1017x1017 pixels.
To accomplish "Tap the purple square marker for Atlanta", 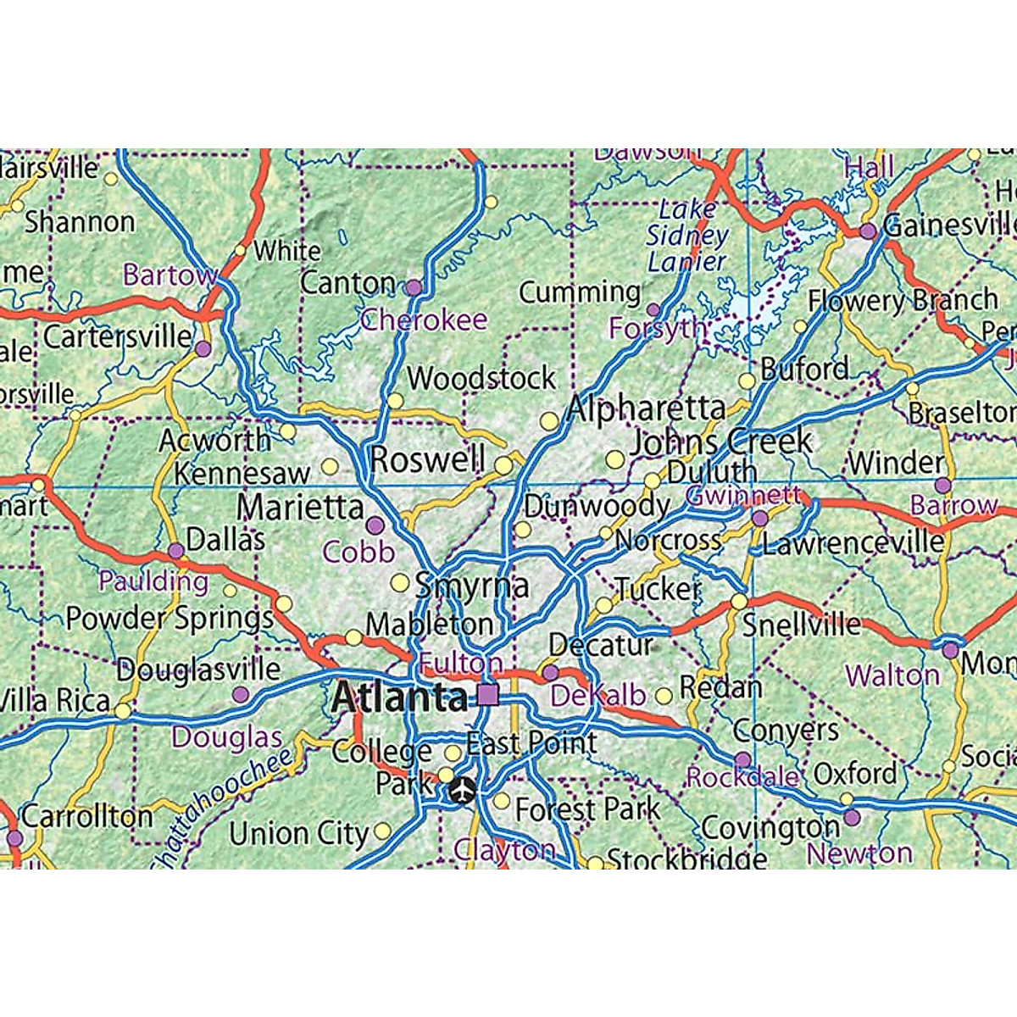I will pyautogui.click(x=488, y=696).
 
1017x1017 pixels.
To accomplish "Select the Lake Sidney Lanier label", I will pyautogui.click(x=687, y=235).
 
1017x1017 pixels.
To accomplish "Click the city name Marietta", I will pyautogui.click(x=300, y=508).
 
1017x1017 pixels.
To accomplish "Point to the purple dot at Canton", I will pyautogui.click(x=414, y=287).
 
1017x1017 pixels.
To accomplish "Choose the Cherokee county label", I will pyautogui.click(x=424, y=320).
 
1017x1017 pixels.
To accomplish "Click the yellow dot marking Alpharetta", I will pyautogui.click(x=550, y=420).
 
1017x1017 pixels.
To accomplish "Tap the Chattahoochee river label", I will pyautogui.click(x=222, y=809).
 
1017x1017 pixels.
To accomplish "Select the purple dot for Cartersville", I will pyautogui.click(x=203, y=348).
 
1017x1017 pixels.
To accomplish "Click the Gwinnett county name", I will pyautogui.click(x=743, y=496).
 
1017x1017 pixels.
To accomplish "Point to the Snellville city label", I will pyautogui.click(x=801, y=625).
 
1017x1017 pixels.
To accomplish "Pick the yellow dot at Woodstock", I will pyautogui.click(x=396, y=400).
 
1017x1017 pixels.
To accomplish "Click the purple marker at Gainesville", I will pyautogui.click(x=867, y=231).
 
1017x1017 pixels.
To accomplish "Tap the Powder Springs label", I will pyautogui.click(x=169, y=618).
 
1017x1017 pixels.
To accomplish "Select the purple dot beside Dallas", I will pyautogui.click(x=175, y=551).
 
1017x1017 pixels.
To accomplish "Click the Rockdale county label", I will pyautogui.click(x=742, y=777).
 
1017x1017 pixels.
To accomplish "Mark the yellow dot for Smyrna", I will pyautogui.click(x=399, y=582).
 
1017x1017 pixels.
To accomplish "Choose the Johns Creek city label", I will pyautogui.click(x=720, y=442).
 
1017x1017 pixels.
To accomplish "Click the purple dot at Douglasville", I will pyautogui.click(x=241, y=695).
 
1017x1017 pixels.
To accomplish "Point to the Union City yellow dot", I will pyautogui.click(x=382, y=831).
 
